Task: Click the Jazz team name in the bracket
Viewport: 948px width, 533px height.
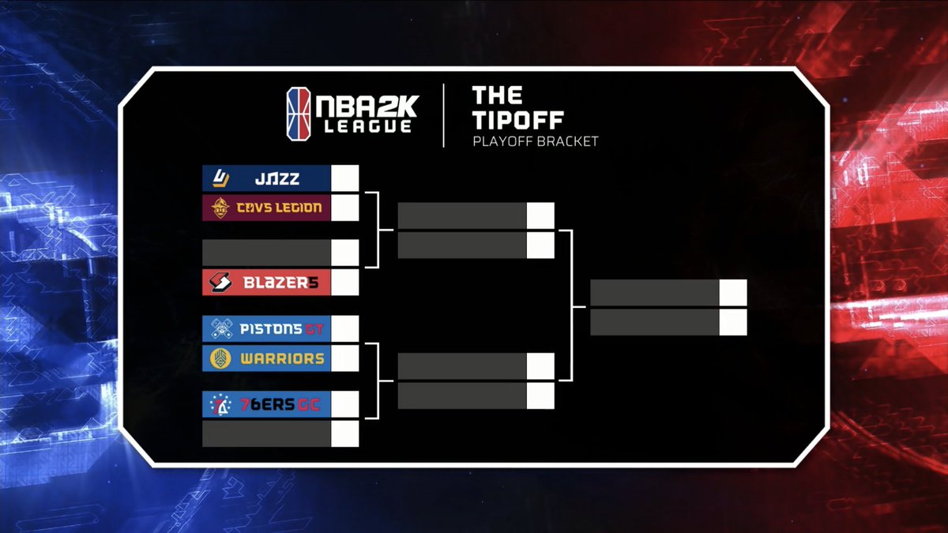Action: tap(277, 179)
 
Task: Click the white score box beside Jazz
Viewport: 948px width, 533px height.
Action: tap(345, 178)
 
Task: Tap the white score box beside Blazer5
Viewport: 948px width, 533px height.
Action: tap(345, 283)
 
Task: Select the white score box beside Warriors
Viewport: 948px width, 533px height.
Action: tap(345, 358)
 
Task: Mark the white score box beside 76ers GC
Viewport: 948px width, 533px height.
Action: tap(345, 404)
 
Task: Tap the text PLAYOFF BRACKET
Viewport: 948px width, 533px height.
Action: tap(535, 142)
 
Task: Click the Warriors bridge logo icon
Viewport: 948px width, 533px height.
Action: tap(219, 358)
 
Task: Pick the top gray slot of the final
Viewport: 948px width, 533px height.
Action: tap(655, 293)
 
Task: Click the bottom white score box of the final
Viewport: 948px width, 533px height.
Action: tap(733, 322)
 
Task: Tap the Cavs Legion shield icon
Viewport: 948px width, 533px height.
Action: tap(219, 208)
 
